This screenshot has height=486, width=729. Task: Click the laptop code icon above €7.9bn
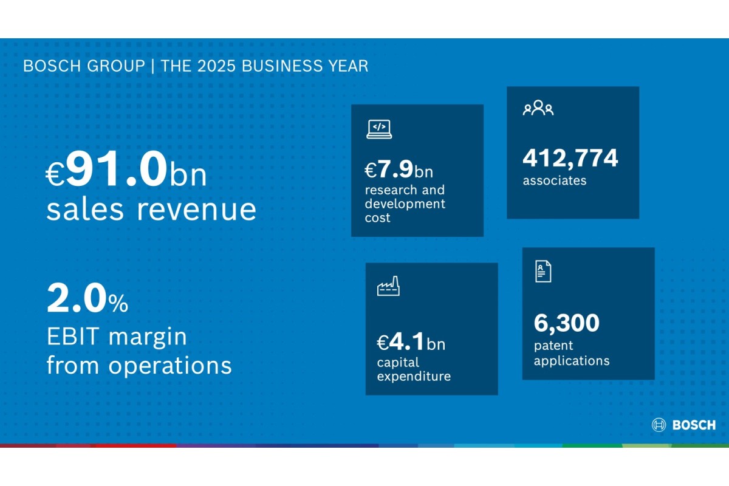[x=379, y=129]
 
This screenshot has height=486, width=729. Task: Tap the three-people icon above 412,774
[x=538, y=109]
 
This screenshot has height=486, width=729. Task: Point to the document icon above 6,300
[x=543, y=271]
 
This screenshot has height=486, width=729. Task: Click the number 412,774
[x=570, y=158]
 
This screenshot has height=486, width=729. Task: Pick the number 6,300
[x=566, y=323]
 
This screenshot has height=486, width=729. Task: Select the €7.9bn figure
[x=399, y=170]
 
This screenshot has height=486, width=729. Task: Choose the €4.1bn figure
[x=411, y=343]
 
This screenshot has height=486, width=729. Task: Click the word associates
[x=554, y=180]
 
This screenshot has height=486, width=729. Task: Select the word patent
[x=553, y=346]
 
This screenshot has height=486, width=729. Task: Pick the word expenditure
[x=414, y=376]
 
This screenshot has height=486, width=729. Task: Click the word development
[x=405, y=204]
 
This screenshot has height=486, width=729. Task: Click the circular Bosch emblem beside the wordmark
[x=659, y=425]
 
